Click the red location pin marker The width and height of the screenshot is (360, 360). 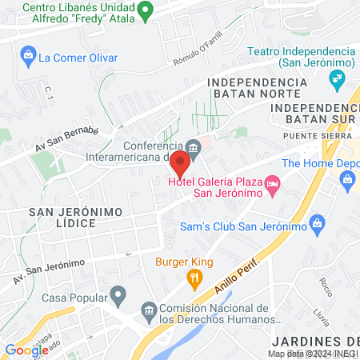[180, 164]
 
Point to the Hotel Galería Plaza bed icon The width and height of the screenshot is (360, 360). [273, 185]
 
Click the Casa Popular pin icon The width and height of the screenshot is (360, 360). [118, 297]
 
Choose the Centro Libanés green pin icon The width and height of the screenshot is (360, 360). [145, 11]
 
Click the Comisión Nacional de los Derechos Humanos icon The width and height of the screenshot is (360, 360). [148, 309]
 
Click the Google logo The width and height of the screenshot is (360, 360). [26, 350]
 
